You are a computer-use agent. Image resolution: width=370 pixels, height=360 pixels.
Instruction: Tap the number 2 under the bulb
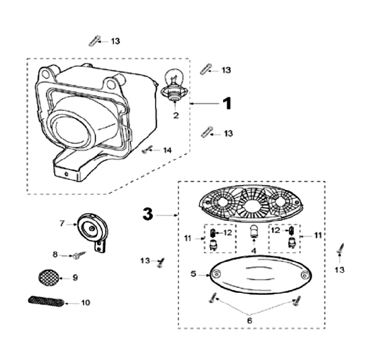click(x=176, y=116)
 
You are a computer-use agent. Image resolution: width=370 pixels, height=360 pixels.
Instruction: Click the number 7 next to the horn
click(x=62, y=223)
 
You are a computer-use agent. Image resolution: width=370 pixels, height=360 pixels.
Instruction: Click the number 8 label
click(x=55, y=255)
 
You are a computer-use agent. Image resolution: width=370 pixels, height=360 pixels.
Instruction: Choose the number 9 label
click(x=75, y=278)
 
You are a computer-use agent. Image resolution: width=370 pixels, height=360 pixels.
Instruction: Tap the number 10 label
click(x=85, y=302)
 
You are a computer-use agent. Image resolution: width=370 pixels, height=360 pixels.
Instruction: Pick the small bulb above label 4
click(x=253, y=234)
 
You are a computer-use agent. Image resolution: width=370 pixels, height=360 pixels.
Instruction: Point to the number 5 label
click(x=193, y=274)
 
